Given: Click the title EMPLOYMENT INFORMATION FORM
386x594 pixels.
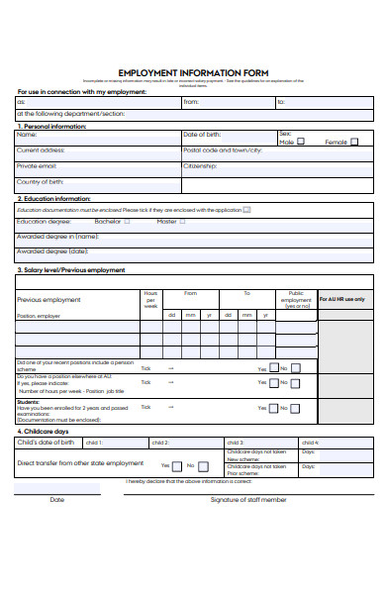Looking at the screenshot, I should [193, 72].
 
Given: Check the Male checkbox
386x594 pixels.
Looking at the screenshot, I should [301, 142].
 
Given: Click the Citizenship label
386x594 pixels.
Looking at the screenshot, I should [200, 165].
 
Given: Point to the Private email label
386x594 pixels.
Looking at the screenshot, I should [37, 165].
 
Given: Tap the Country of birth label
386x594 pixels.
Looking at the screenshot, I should [41, 181].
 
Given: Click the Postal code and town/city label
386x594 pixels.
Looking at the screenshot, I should [223, 149].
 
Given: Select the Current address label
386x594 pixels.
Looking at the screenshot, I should [41, 149].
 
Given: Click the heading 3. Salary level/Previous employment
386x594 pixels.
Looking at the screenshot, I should [71, 269].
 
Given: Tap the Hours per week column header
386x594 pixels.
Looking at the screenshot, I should [150, 300].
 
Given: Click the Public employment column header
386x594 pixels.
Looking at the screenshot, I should [296, 300].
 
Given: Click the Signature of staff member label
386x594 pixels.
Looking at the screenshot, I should [248, 499].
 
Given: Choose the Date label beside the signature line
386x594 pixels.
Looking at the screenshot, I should [57, 499].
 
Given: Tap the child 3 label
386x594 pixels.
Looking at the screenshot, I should [235, 443].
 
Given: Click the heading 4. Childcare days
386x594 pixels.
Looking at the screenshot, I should [44, 432].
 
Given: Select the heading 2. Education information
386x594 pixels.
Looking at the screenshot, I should [54, 198].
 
